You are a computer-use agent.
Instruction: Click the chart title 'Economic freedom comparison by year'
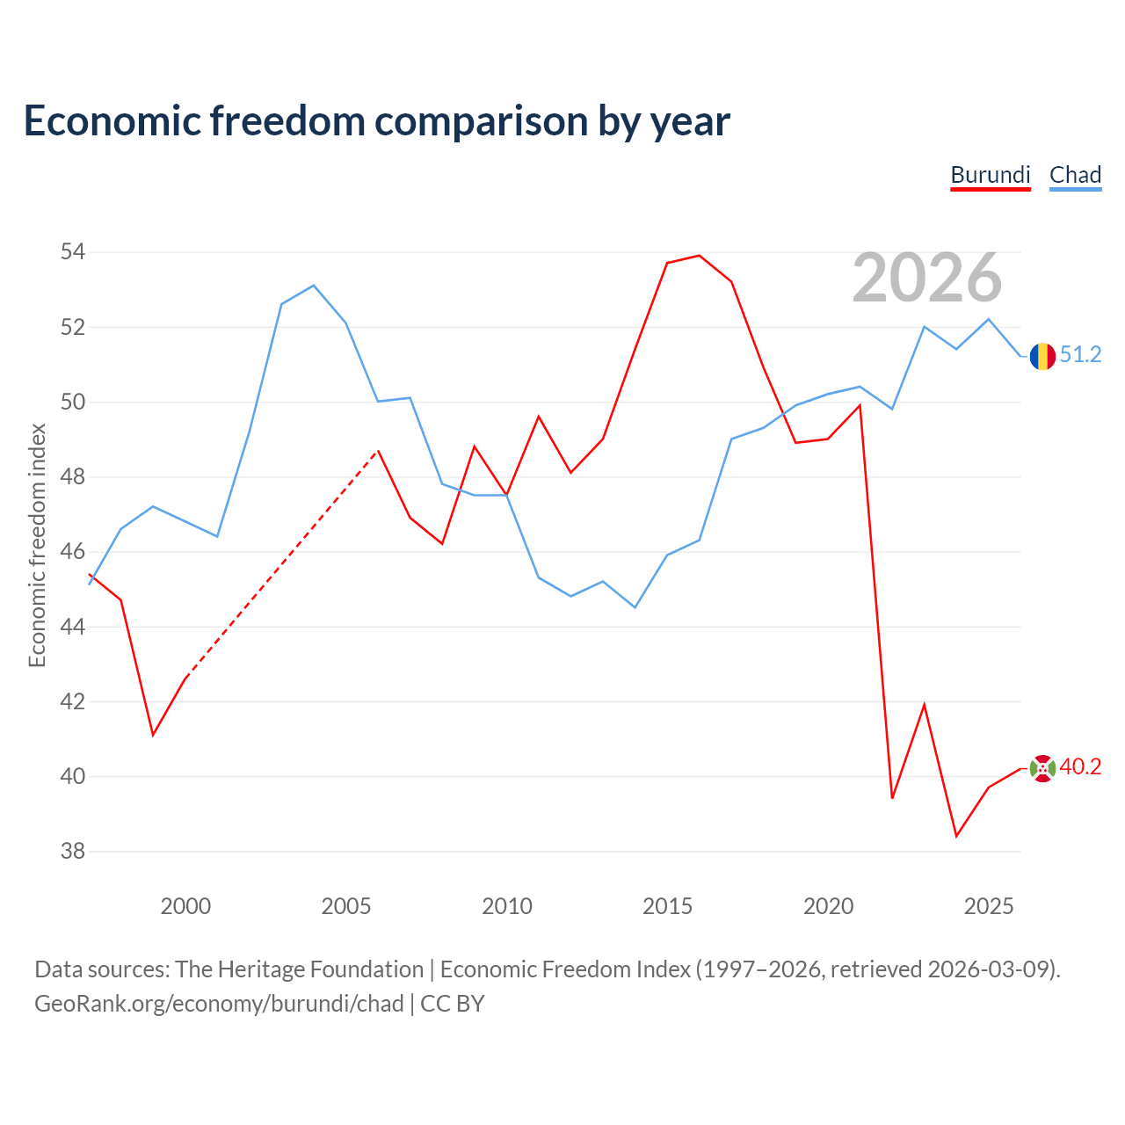[376, 121]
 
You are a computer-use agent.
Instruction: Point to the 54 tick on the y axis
[73, 251]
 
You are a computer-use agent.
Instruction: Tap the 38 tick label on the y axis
[73, 851]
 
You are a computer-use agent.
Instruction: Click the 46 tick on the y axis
[73, 551]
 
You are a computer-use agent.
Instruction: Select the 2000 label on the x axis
[185, 906]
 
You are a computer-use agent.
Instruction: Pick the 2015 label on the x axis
[667, 906]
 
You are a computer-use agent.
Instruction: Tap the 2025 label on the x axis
[989, 906]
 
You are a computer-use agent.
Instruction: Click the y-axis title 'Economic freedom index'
[38, 545]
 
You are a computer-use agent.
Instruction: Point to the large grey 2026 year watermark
[927, 278]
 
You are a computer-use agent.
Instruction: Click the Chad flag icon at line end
[1042, 356]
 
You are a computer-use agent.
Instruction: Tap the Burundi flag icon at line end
[1042, 768]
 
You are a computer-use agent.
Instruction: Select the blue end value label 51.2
[1081, 354]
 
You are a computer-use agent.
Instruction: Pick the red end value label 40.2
[1081, 766]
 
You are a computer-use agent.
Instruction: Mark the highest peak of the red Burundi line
[699, 256]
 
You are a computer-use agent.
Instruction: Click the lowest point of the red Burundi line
[956, 836]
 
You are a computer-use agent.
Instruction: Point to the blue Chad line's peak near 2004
[314, 286]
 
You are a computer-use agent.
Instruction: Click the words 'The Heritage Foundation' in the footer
[300, 969]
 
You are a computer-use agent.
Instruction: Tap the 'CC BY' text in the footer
[453, 1005]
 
